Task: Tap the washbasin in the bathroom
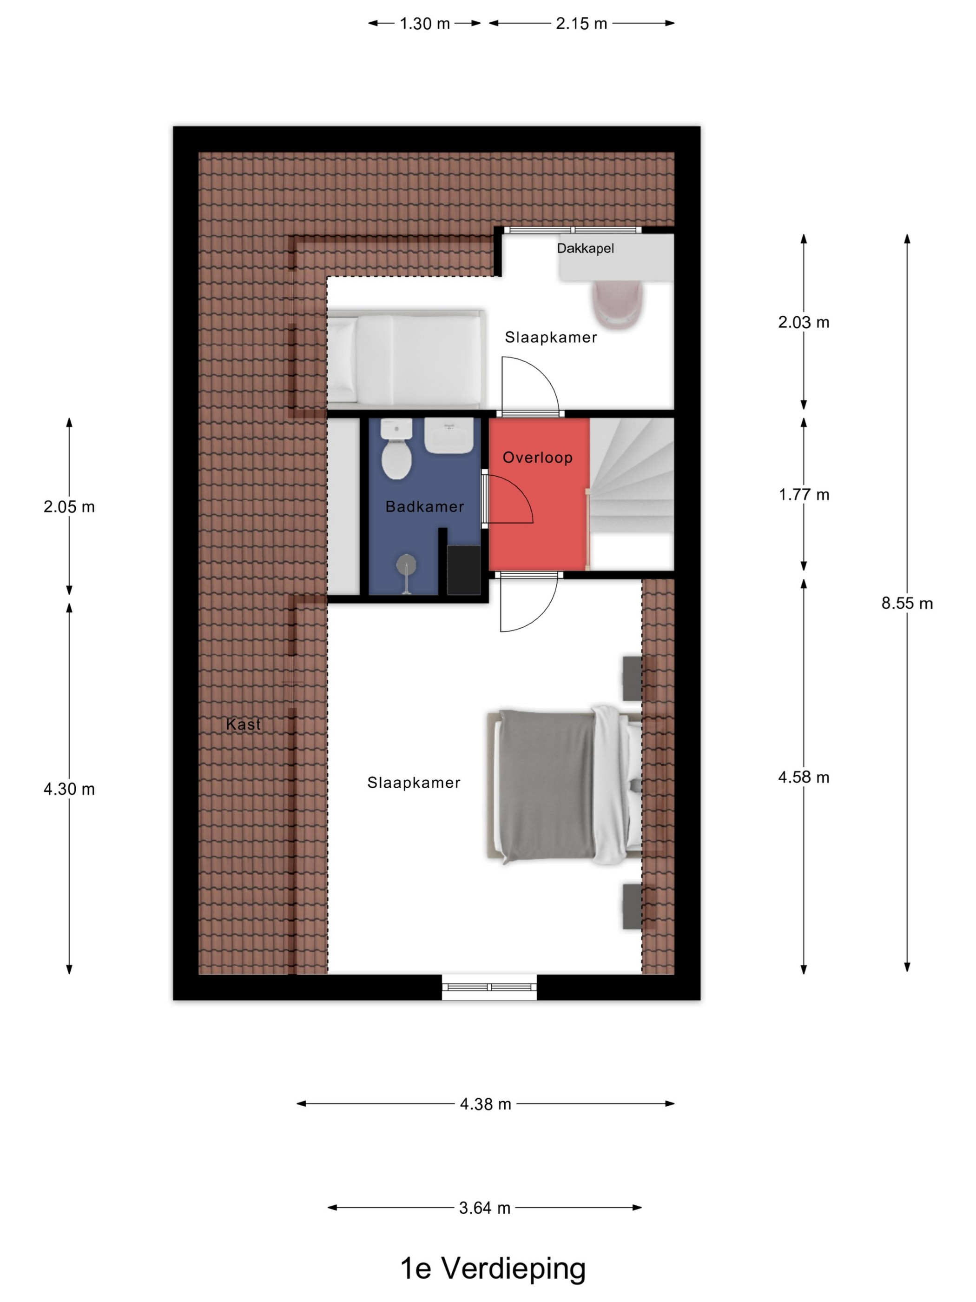click(x=448, y=436)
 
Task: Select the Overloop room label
click(x=537, y=458)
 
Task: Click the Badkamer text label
click(x=424, y=506)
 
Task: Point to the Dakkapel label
click(x=585, y=248)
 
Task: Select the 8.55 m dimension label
click(x=907, y=603)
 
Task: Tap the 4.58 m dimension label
click(x=804, y=777)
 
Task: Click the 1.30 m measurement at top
click(x=425, y=24)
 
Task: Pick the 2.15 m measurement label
click(x=581, y=24)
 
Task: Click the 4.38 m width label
click(x=485, y=1103)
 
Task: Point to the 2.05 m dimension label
click(x=69, y=506)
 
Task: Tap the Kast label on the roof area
click(x=244, y=724)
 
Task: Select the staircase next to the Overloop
click(x=631, y=494)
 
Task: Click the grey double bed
click(x=564, y=786)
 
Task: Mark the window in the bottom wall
click(x=489, y=987)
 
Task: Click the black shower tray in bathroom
click(x=463, y=570)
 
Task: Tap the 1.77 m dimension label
click(x=804, y=494)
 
